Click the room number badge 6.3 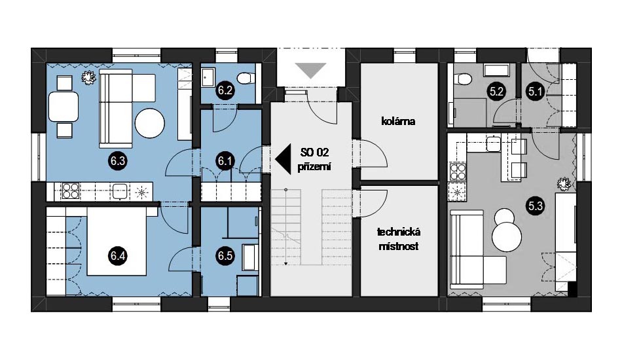click(x=119, y=161)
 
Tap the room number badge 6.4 click(x=118, y=256)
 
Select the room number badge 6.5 click(x=225, y=256)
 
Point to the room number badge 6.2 click(x=225, y=90)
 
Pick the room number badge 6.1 click(x=225, y=161)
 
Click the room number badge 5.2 click(x=496, y=92)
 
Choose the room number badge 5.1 click(x=535, y=92)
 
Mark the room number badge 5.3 click(x=535, y=206)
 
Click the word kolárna click(x=398, y=121)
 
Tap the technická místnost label click(x=399, y=239)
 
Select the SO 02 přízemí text click(x=314, y=160)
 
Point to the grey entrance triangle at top click(x=310, y=71)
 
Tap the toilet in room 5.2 click(x=462, y=77)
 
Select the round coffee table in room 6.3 click(x=149, y=123)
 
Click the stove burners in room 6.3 click(x=71, y=191)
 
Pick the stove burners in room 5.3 click(x=457, y=171)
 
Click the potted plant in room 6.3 click(x=88, y=77)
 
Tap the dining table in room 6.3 click(x=64, y=106)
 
